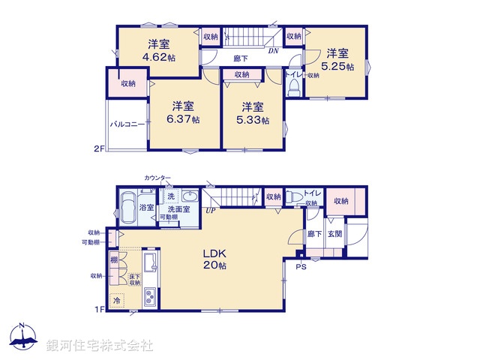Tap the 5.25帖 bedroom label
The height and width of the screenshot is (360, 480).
[x=337, y=58]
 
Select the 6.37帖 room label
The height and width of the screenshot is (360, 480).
[x=184, y=112]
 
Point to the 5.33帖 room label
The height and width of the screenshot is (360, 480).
[x=253, y=112]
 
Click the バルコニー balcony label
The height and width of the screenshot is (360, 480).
[x=127, y=124]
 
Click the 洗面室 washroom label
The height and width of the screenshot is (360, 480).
[x=179, y=208]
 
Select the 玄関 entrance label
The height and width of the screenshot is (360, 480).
[x=334, y=234]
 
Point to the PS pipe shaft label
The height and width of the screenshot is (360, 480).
[x=301, y=266]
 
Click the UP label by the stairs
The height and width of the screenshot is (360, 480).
[x=213, y=211]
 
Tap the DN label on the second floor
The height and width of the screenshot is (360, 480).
[x=274, y=51]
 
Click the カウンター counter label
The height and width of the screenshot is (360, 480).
[x=158, y=178]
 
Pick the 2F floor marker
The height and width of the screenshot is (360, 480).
[x=98, y=148]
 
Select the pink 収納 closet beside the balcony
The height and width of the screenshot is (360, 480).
[x=128, y=83]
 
